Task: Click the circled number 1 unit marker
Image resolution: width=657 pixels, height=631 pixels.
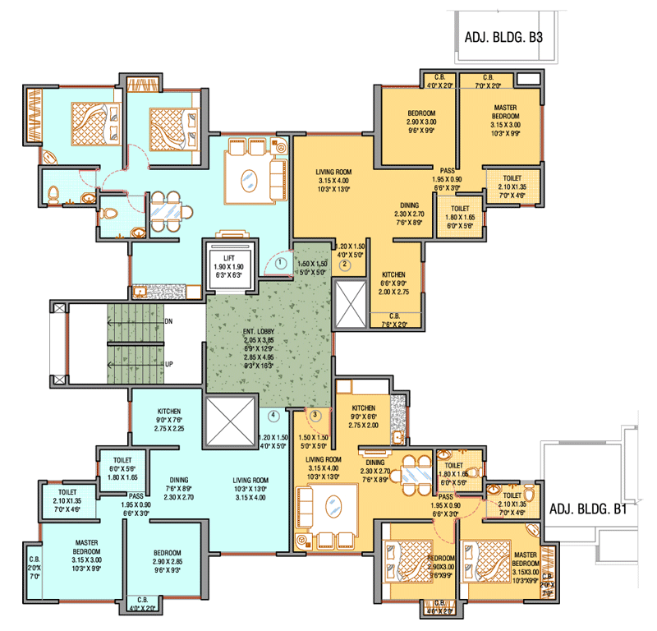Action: click(281, 264)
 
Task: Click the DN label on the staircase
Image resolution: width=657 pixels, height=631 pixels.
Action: click(168, 321)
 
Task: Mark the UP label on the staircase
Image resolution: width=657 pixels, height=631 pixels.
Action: click(168, 362)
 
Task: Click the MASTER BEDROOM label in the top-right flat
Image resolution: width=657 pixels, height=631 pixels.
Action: click(504, 112)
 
